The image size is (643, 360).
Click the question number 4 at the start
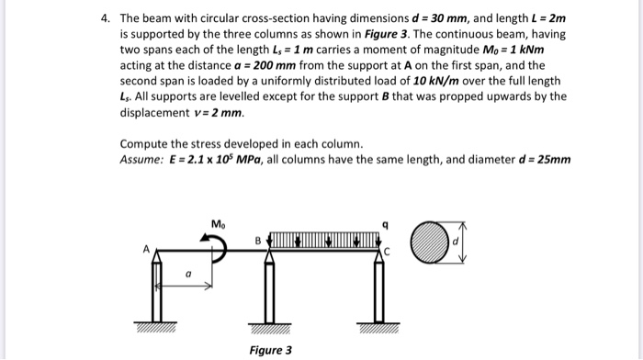[105, 18]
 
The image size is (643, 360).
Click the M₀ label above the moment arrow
[217, 224]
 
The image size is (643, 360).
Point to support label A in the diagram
[144, 248]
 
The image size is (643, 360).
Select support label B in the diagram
[259, 241]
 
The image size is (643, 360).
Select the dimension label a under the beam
[188, 273]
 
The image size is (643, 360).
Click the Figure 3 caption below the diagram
[270, 350]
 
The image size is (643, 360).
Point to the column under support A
[158, 289]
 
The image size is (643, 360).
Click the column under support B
[270, 289]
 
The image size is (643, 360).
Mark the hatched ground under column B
[270, 328]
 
